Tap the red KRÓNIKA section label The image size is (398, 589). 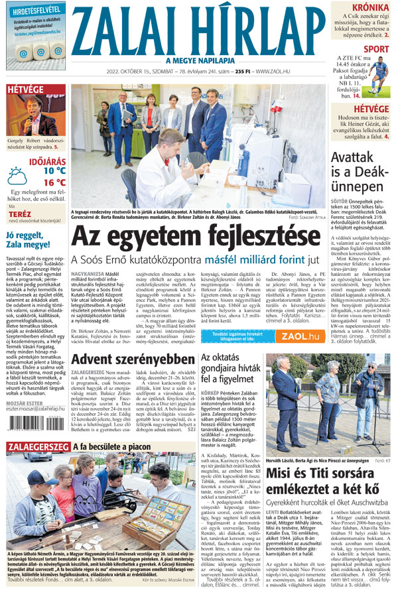(370, 8)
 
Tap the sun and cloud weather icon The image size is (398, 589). (18, 176)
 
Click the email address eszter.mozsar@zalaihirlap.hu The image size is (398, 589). (35, 409)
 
